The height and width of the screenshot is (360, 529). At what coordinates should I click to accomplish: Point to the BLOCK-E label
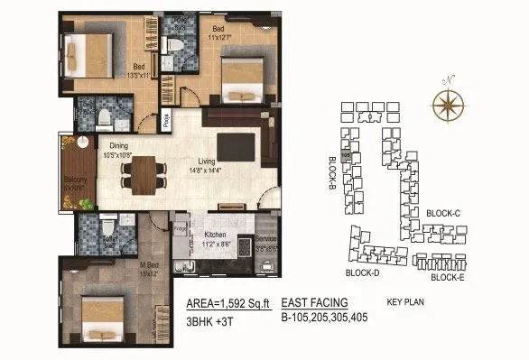coord(448,278)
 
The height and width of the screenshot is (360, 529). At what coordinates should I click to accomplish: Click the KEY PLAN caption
coord(404,303)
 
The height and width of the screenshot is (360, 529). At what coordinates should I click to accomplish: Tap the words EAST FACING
coord(314,302)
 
